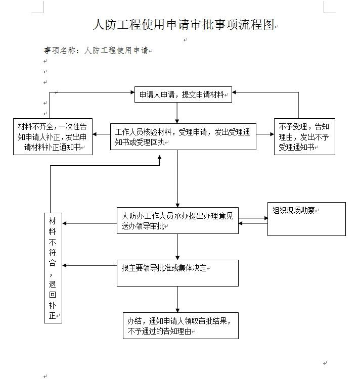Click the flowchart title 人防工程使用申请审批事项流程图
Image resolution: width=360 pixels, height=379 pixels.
[184, 25]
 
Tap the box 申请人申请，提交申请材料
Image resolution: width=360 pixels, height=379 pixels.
[183, 94]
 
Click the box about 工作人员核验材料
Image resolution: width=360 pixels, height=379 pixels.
[183, 136]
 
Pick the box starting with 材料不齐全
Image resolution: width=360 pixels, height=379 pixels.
[53, 136]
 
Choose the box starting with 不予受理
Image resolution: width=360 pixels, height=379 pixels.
[304, 136]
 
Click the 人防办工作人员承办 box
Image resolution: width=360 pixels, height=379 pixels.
[177, 221]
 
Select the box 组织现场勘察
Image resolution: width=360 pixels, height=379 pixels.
[306, 219]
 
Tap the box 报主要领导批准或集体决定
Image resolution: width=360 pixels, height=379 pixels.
[177, 273]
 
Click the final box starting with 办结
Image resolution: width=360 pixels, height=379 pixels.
[181, 325]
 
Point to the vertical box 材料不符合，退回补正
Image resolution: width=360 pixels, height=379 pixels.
[53, 268]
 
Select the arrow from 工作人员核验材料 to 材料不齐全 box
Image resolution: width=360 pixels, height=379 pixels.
[102, 134]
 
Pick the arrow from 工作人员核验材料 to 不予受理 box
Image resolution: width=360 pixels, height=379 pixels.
[265, 134]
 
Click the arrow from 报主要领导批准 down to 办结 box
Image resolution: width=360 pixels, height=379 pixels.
[177, 299]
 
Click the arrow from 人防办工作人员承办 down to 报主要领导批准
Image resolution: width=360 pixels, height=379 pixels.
[177, 247]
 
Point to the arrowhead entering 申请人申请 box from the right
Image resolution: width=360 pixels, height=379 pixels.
[236, 93]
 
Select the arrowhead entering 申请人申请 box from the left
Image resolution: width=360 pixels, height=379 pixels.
[131, 93]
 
